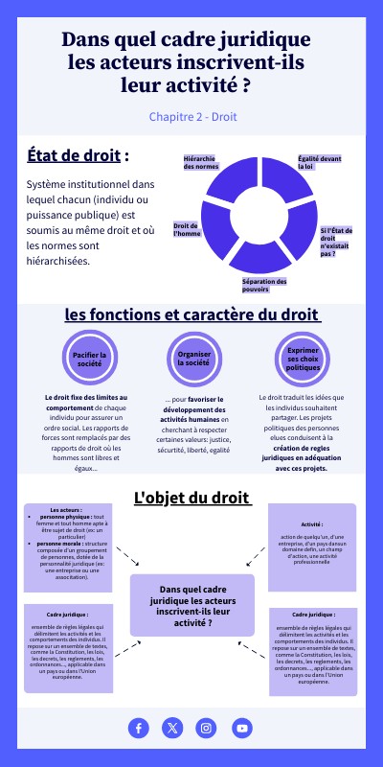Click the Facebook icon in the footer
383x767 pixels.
click(139, 729)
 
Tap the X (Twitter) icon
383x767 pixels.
click(172, 729)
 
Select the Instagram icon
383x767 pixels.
click(206, 729)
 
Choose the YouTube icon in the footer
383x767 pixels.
click(242, 729)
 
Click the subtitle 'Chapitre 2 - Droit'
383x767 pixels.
click(192, 116)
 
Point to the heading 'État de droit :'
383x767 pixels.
click(78, 155)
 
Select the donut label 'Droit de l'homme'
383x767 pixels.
click(187, 229)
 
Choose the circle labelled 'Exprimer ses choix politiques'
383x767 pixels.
click(303, 360)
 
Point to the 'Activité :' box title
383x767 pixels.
click(312, 524)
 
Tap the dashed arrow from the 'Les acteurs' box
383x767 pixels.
click(126, 556)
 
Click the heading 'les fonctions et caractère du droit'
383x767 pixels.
click(191, 314)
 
